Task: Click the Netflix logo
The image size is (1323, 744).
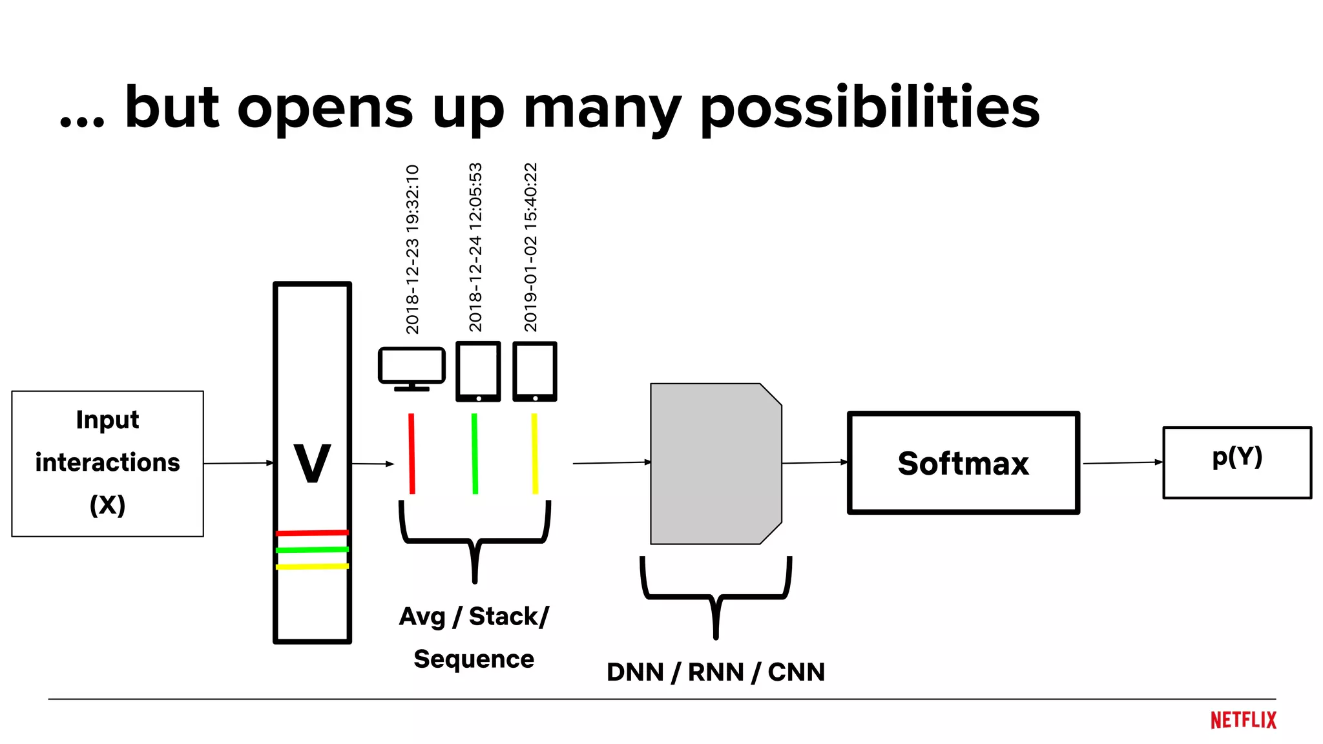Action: (1243, 720)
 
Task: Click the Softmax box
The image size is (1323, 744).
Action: (963, 463)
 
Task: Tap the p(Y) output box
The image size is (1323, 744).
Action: (1236, 462)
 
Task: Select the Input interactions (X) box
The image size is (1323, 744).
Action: (107, 463)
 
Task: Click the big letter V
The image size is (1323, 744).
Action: (312, 463)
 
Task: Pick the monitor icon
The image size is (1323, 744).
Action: (411, 367)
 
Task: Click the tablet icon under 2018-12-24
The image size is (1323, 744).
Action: (478, 371)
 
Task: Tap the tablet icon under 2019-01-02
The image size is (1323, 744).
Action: (535, 371)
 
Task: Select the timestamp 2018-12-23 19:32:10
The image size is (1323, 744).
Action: (412, 249)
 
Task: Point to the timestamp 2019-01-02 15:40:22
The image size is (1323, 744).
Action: (530, 247)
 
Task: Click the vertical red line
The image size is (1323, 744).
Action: (411, 453)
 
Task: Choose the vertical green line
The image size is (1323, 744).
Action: (475, 453)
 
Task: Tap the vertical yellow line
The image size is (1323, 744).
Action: (534, 453)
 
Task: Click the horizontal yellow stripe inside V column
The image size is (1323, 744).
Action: (312, 566)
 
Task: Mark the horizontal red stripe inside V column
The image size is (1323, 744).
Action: (312, 533)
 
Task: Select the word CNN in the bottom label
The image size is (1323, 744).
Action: (796, 672)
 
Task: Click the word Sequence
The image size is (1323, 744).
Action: (474, 659)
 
